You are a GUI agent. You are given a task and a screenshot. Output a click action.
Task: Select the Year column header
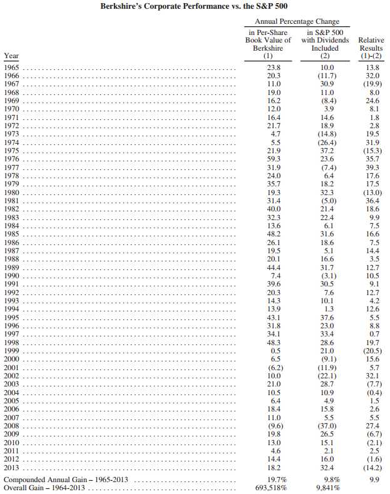[x=11, y=56]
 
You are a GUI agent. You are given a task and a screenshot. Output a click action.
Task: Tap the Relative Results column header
[x=371, y=48]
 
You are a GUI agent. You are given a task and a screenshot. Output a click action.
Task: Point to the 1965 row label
[x=11, y=67]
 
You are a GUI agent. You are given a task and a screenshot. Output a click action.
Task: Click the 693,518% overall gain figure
[x=267, y=488]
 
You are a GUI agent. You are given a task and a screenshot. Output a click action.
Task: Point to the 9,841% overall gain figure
[x=326, y=488]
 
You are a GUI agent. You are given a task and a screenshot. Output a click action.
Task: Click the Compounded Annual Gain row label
[x=68, y=479]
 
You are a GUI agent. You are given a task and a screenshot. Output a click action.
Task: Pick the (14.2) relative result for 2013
[x=371, y=468]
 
